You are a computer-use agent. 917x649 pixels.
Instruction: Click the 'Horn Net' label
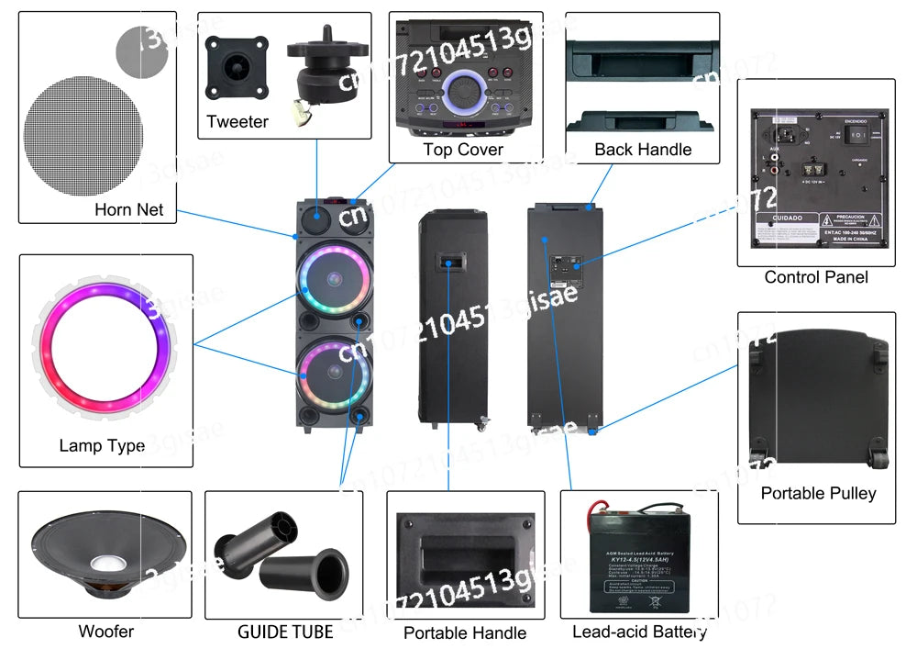pos(128,209)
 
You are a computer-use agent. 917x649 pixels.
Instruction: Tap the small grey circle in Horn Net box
pos(142,52)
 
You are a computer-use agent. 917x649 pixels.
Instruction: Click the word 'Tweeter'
pos(238,121)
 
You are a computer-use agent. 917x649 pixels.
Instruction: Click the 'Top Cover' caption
pos(463,150)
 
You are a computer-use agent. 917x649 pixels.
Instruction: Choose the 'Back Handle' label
pos(643,150)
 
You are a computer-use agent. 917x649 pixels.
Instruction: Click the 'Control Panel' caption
pos(816,277)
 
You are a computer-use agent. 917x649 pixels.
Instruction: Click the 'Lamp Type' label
pos(102,446)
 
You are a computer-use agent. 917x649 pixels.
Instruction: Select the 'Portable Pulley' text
pos(818,493)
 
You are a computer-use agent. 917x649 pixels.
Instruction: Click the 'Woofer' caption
pos(105,632)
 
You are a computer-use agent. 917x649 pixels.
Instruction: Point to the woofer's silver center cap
pos(106,560)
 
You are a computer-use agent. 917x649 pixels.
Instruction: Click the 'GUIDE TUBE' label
pos(285,632)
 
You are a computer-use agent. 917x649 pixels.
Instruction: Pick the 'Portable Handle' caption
pos(465,632)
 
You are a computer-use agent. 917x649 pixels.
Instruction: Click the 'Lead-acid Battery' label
pos(639,632)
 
